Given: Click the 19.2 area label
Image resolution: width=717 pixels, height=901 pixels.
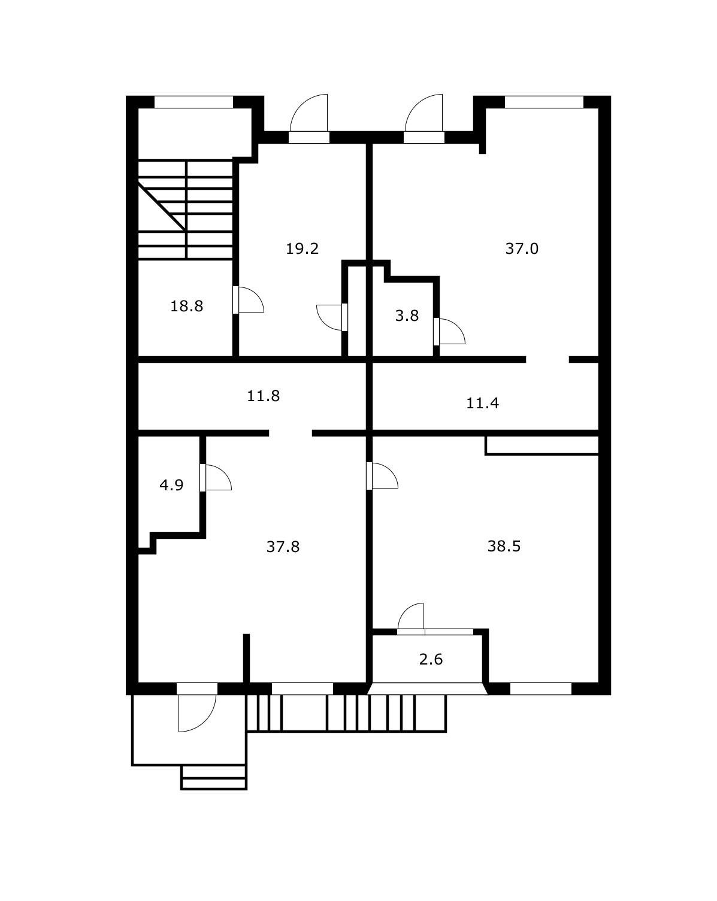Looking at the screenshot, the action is [x=302, y=248].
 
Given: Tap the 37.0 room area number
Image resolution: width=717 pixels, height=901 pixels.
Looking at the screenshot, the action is [x=522, y=248].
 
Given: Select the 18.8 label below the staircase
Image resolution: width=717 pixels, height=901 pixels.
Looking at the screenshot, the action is [x=186, y=306].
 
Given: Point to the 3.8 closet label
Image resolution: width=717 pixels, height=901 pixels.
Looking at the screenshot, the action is [x=407, y=315].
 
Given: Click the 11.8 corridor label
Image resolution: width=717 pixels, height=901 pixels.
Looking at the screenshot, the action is [x=263, y=396].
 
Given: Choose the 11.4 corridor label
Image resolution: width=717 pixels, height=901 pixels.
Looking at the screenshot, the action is [x=482, y=403].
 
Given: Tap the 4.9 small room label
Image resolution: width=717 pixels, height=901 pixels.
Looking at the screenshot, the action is [x=171, y=486].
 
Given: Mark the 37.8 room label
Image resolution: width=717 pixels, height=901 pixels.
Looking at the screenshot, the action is [x=283, y=547].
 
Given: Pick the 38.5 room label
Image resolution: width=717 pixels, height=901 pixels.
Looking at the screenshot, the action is [x=504, y=547].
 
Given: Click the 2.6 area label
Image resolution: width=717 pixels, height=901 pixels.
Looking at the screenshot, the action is [x=431, y=659].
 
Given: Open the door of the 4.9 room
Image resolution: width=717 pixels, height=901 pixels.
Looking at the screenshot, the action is [x=216, y=477].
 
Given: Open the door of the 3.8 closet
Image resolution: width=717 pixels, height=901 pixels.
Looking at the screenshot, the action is [x=449, y=332].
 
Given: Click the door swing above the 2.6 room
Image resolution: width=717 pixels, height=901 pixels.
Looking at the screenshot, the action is [x=411, y=618].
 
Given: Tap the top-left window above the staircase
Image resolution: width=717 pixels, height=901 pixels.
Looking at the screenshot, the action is [x=193, y=102].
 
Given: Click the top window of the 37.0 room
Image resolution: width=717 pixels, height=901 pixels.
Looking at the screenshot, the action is [x=544, y=102].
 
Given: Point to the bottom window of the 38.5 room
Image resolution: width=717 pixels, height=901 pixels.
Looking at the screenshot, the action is [x=540, y=688].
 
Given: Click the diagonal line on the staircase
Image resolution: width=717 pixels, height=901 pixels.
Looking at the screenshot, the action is [x=162, y=206].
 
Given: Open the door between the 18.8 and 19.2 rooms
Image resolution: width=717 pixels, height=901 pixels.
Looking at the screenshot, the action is [x=248, y=300].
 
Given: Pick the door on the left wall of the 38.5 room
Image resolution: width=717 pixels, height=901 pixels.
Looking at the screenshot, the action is [x=382, y=475].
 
